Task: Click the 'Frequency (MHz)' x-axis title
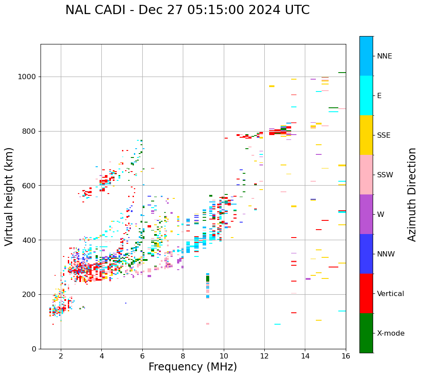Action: point(192,367)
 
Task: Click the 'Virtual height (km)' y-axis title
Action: point(9,196)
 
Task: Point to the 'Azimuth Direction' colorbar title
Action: point(412,194)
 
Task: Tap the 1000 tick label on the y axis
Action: point(27,77)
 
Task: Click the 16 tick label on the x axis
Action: point(346,356)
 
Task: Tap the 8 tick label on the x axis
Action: point(183,356)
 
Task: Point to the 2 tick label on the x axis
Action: point(61,356)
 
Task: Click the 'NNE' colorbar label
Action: point(384,56)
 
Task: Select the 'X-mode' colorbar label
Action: point(390,333)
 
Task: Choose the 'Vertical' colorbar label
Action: point(390,294)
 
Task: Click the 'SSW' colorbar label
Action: point(385,175)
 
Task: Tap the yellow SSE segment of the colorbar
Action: point(366,135)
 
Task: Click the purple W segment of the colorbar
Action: point(366,214)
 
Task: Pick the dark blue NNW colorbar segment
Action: point(366,254)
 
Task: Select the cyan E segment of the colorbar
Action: point(366,95)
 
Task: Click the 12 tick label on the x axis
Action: point(264,356)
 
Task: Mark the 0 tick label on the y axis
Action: point(33,349)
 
